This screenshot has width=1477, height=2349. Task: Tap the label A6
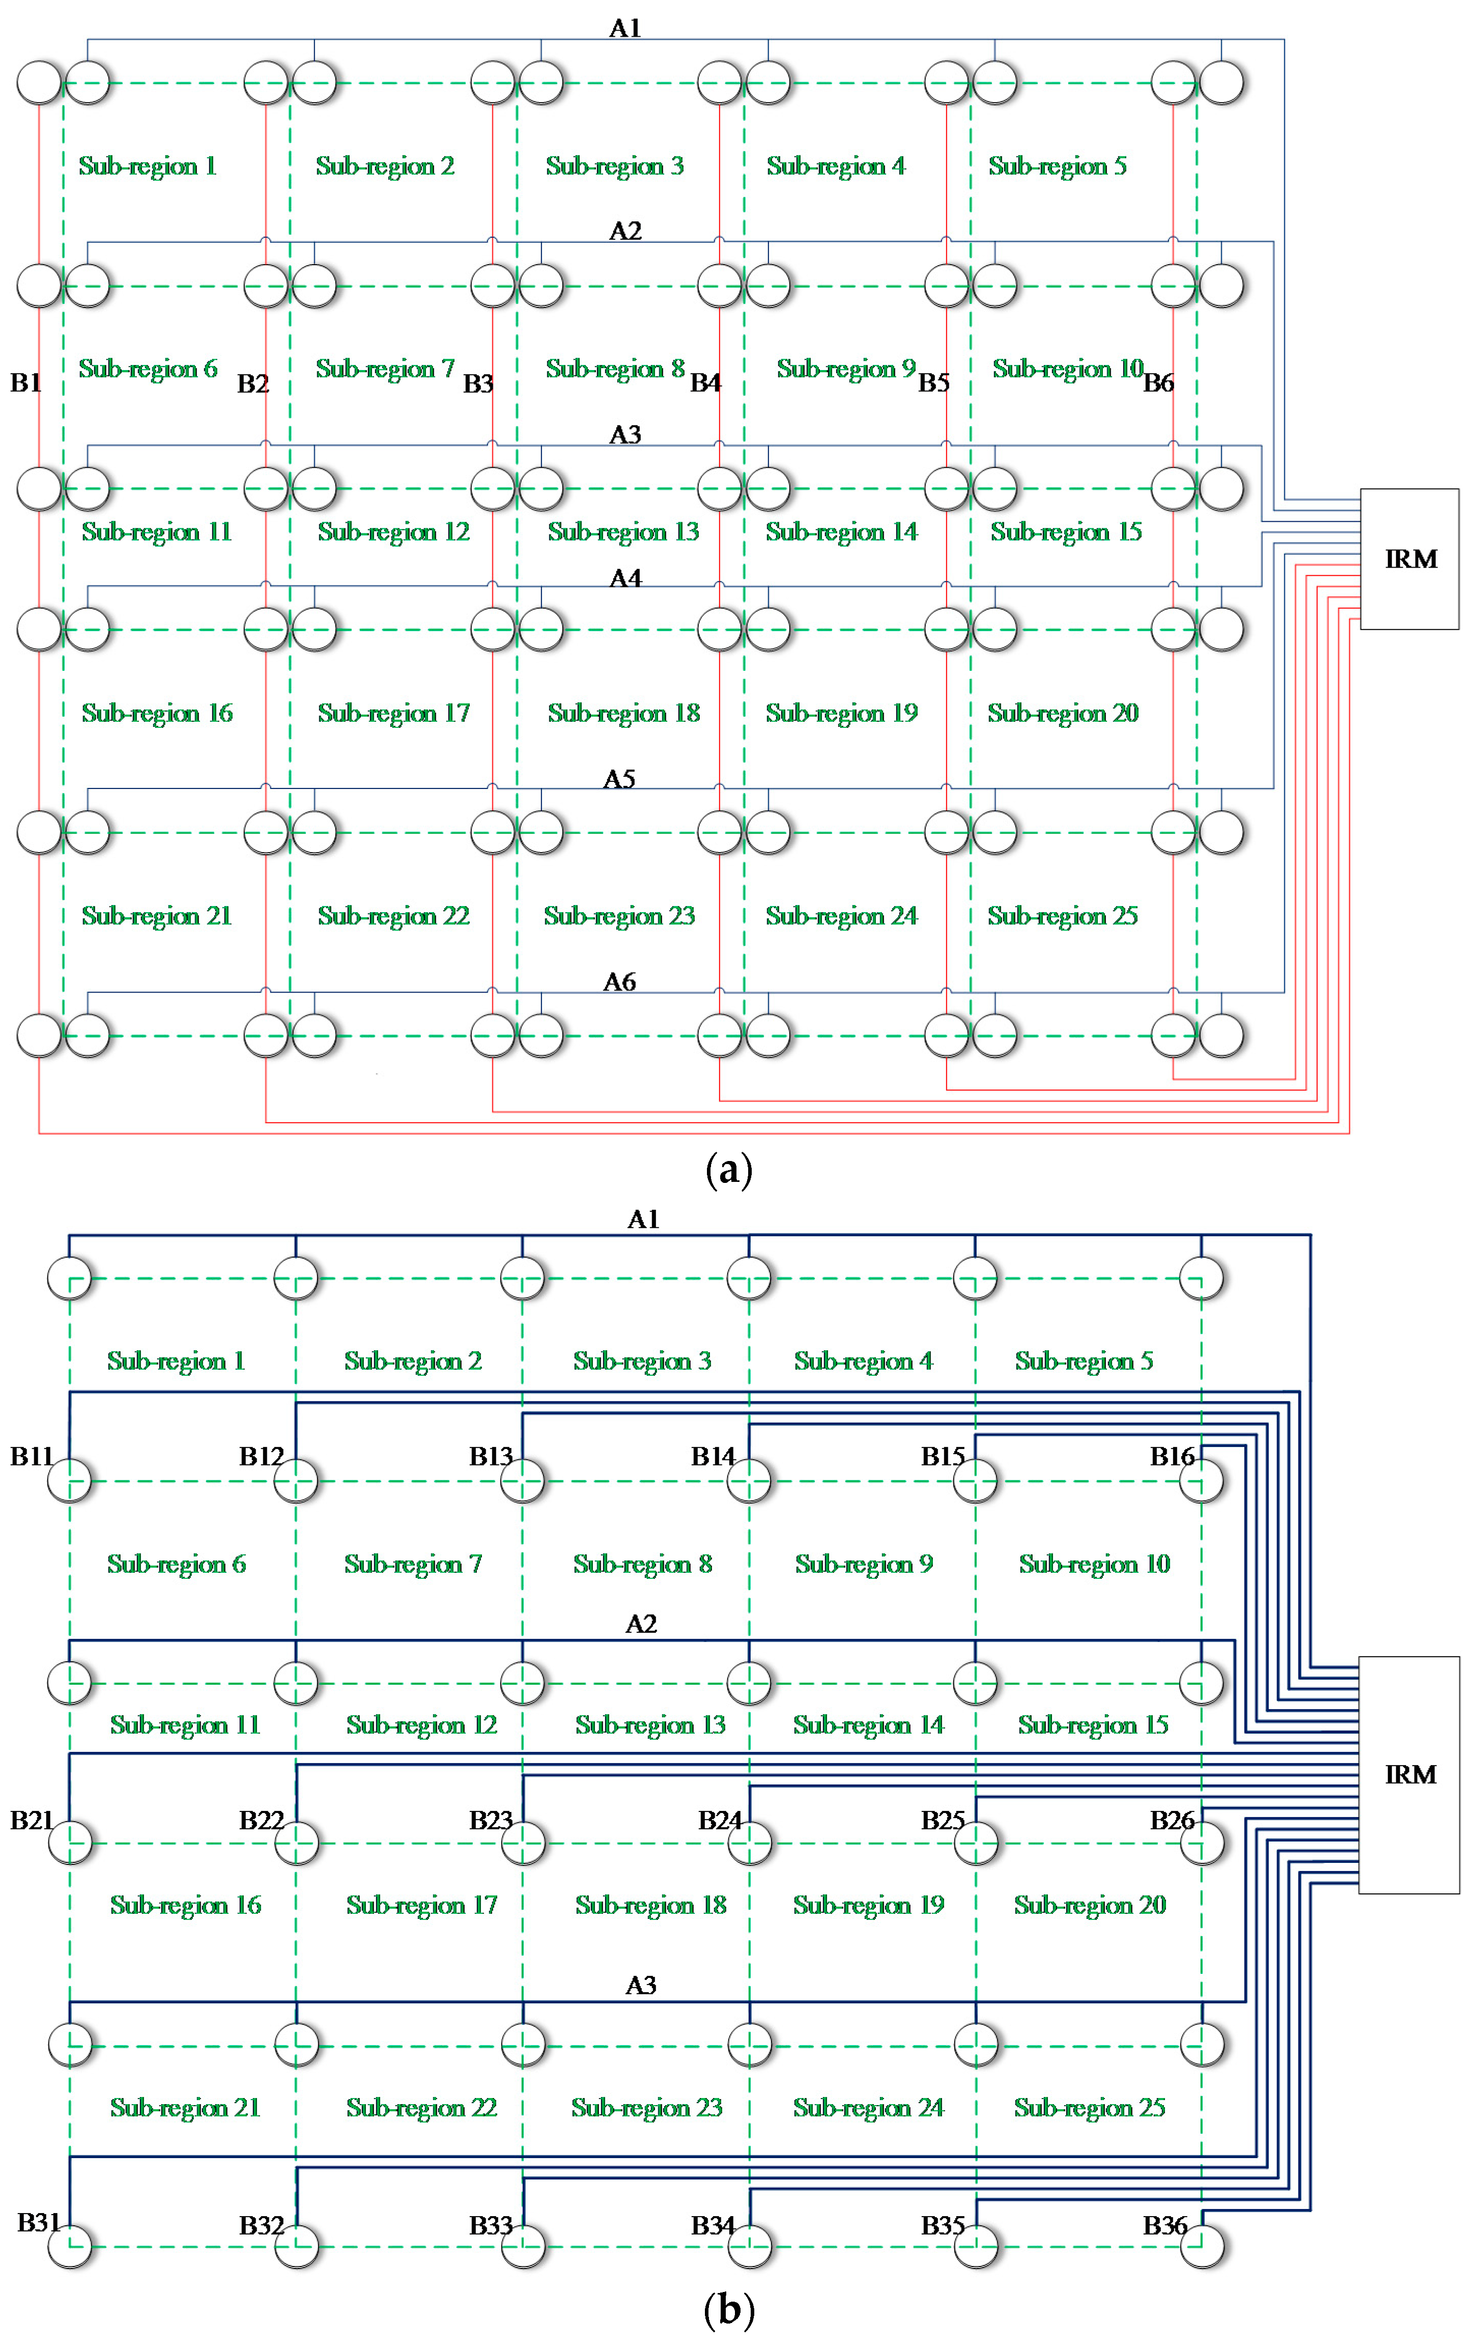pos(619,981)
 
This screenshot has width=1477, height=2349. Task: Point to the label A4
pos(626,579)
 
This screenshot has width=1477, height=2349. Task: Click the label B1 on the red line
pos(25,382)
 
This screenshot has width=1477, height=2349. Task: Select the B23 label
pos(491,1820)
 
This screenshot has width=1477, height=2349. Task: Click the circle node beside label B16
pos(1201,1481)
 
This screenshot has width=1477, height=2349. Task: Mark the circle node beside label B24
pos(749,1843)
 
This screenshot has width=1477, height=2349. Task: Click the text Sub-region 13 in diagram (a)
pos(623,532)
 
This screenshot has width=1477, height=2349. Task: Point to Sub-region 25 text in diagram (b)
pos(1090,2107)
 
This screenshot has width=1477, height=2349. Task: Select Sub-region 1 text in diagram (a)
pos(147,166)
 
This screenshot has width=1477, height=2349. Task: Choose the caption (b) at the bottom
pos(729,2310)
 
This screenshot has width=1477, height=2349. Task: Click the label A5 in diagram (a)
pos(619,778)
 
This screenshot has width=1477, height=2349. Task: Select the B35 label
pos(943,2225)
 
